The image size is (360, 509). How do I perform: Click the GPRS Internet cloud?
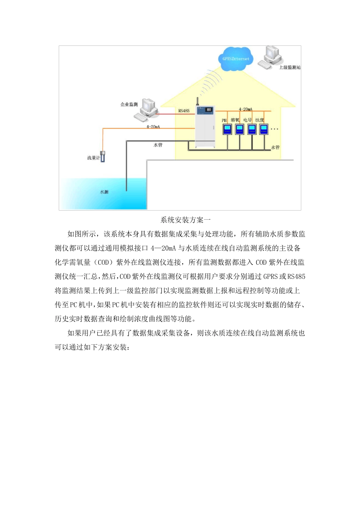point(235,59)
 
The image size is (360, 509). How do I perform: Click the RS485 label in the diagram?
point(184,111)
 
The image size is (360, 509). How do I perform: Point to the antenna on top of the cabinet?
point(197,101)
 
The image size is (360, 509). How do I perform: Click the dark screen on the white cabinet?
point(209,110)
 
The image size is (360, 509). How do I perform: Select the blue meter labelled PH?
point(227,130)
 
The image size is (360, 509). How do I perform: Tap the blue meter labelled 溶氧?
point(239,130)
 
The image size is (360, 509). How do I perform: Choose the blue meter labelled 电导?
point(252,130)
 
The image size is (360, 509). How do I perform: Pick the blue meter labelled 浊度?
point(264,130)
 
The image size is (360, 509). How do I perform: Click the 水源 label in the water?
point(104,192)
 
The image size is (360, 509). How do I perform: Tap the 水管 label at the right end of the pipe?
point(275,147)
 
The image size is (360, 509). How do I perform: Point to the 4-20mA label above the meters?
point(246,109)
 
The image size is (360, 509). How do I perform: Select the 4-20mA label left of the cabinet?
point(153,126)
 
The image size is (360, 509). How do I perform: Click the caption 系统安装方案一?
point(185,220)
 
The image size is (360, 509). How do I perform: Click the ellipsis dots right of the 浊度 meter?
point(274,129)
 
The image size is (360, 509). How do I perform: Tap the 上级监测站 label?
point(290,67)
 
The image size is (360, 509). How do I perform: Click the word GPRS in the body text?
point(271,276)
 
